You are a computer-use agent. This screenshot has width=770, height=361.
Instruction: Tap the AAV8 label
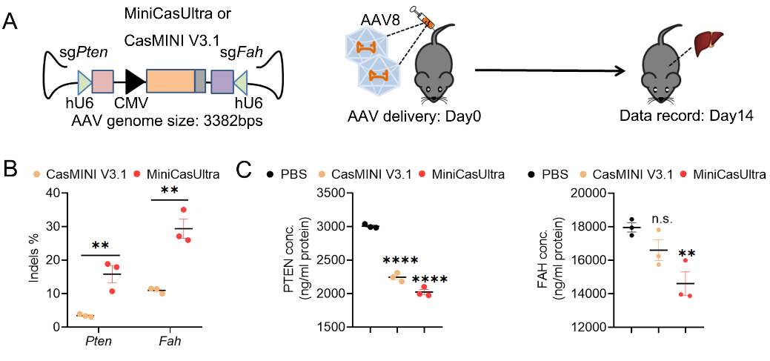click(375, 20)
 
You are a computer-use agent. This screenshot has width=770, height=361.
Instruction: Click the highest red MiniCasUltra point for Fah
click(183, 210)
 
